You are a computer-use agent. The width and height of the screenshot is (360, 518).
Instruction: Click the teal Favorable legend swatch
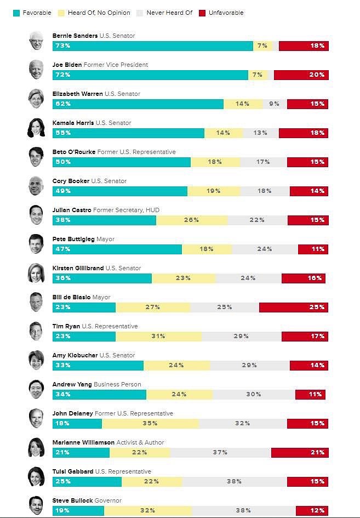point(16,13)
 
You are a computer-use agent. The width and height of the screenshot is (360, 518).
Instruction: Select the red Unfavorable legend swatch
point(202,13)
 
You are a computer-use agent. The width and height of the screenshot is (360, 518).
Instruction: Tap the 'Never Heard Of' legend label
point(169,13)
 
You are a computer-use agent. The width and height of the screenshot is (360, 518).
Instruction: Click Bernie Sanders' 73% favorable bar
point(153,46)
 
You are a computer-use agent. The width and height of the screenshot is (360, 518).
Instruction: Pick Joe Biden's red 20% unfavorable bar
point(301,75)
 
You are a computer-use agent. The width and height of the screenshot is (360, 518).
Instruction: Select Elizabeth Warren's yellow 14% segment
point(243,104)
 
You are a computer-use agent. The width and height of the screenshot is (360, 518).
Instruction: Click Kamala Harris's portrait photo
point(36,128)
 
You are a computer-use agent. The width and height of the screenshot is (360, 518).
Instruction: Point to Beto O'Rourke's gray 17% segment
point(263,162)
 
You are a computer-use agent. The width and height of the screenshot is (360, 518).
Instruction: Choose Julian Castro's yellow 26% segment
point(192,220)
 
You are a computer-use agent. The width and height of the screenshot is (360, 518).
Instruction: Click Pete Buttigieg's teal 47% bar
point(117,249)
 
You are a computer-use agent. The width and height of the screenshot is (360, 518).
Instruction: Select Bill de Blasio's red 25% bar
point(294,308)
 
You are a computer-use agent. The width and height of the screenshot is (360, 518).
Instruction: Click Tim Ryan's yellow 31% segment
point(158,337)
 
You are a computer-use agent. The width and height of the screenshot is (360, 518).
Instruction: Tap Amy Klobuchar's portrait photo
point(36,360)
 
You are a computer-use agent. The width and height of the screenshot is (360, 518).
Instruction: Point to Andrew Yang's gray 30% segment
point(254,395)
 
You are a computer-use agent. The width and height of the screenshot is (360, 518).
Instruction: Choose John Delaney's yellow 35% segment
point(151,424)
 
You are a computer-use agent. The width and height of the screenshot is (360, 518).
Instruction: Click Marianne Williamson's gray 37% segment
point(220,453)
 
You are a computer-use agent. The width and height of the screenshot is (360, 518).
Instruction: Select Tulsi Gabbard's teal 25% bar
point(87,482)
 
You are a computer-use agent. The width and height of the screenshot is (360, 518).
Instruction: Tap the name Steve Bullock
point(72,500)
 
